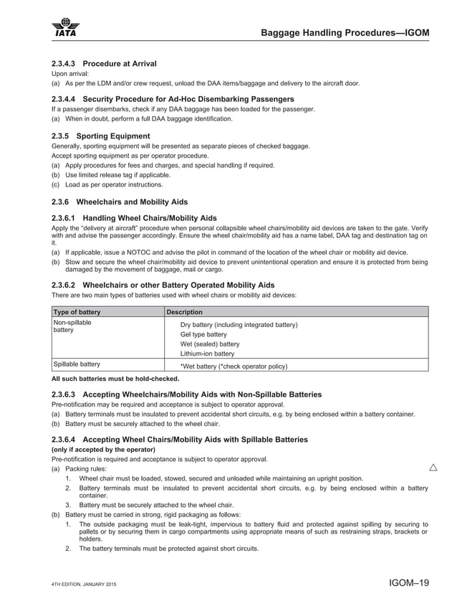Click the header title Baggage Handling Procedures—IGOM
[345, 32]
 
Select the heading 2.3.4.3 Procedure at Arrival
[105, 64]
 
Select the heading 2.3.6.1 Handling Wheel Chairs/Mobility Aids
[135, 217]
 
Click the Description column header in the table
[185, 312]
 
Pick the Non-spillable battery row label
[72, 327]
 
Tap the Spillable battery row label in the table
[77, 364]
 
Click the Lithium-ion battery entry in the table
[207, 354]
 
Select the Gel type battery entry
[203, 334]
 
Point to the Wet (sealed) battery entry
[210, 344]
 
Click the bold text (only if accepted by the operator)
[103, 449]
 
